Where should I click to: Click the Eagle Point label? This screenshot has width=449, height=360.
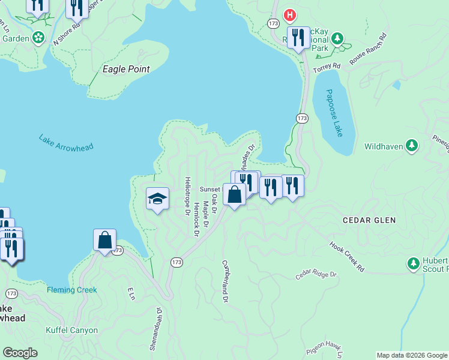click(x=126, y=69)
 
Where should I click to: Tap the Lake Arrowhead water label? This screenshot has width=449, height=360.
click(x=67, y=147)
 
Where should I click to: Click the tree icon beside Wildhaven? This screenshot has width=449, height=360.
click(x=412, y=146)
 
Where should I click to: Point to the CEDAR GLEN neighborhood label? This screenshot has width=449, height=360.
click(x=369, y=220)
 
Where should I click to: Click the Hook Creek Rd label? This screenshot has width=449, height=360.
click(x=347, y=257)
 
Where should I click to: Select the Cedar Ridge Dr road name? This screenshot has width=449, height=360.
click(x=316, y=275)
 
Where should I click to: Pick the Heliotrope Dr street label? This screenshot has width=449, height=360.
click(x=187, y=196)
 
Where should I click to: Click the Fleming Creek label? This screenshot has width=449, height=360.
click(x=72, y=290)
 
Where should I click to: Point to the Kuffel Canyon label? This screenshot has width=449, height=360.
click(x=71, y=330)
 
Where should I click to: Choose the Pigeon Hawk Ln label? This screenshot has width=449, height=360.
click(x=325, y=347)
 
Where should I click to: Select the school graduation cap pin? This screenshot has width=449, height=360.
click(x=157, y=199)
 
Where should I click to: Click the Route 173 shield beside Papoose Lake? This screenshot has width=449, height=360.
click(x=302, y=119)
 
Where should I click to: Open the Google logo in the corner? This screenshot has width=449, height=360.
click(x=20, y=353)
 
